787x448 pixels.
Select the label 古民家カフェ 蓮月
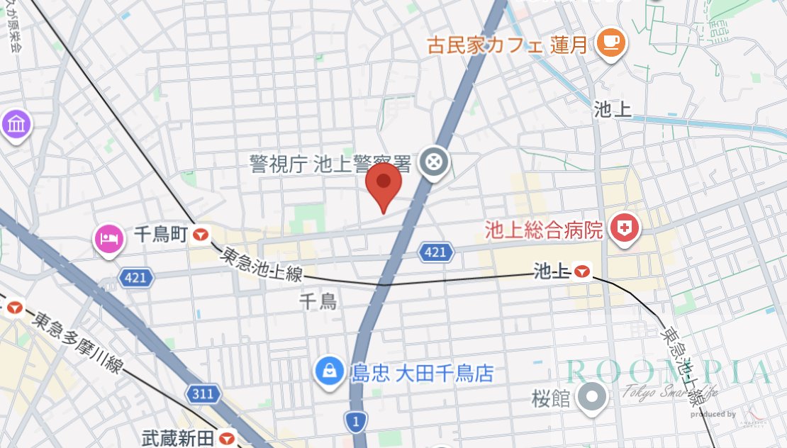[x=508, y=45]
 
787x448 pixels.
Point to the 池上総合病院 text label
[x=543, y=230]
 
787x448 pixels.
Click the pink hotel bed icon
[x=108, y=237]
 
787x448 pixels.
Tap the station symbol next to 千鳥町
[x=201, y=234]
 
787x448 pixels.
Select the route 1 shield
[x=356, y=422]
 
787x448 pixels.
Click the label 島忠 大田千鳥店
[x=422, y=373]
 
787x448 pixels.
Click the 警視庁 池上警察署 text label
[x=330, y=164]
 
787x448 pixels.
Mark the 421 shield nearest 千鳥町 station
[x=135, y=277]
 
